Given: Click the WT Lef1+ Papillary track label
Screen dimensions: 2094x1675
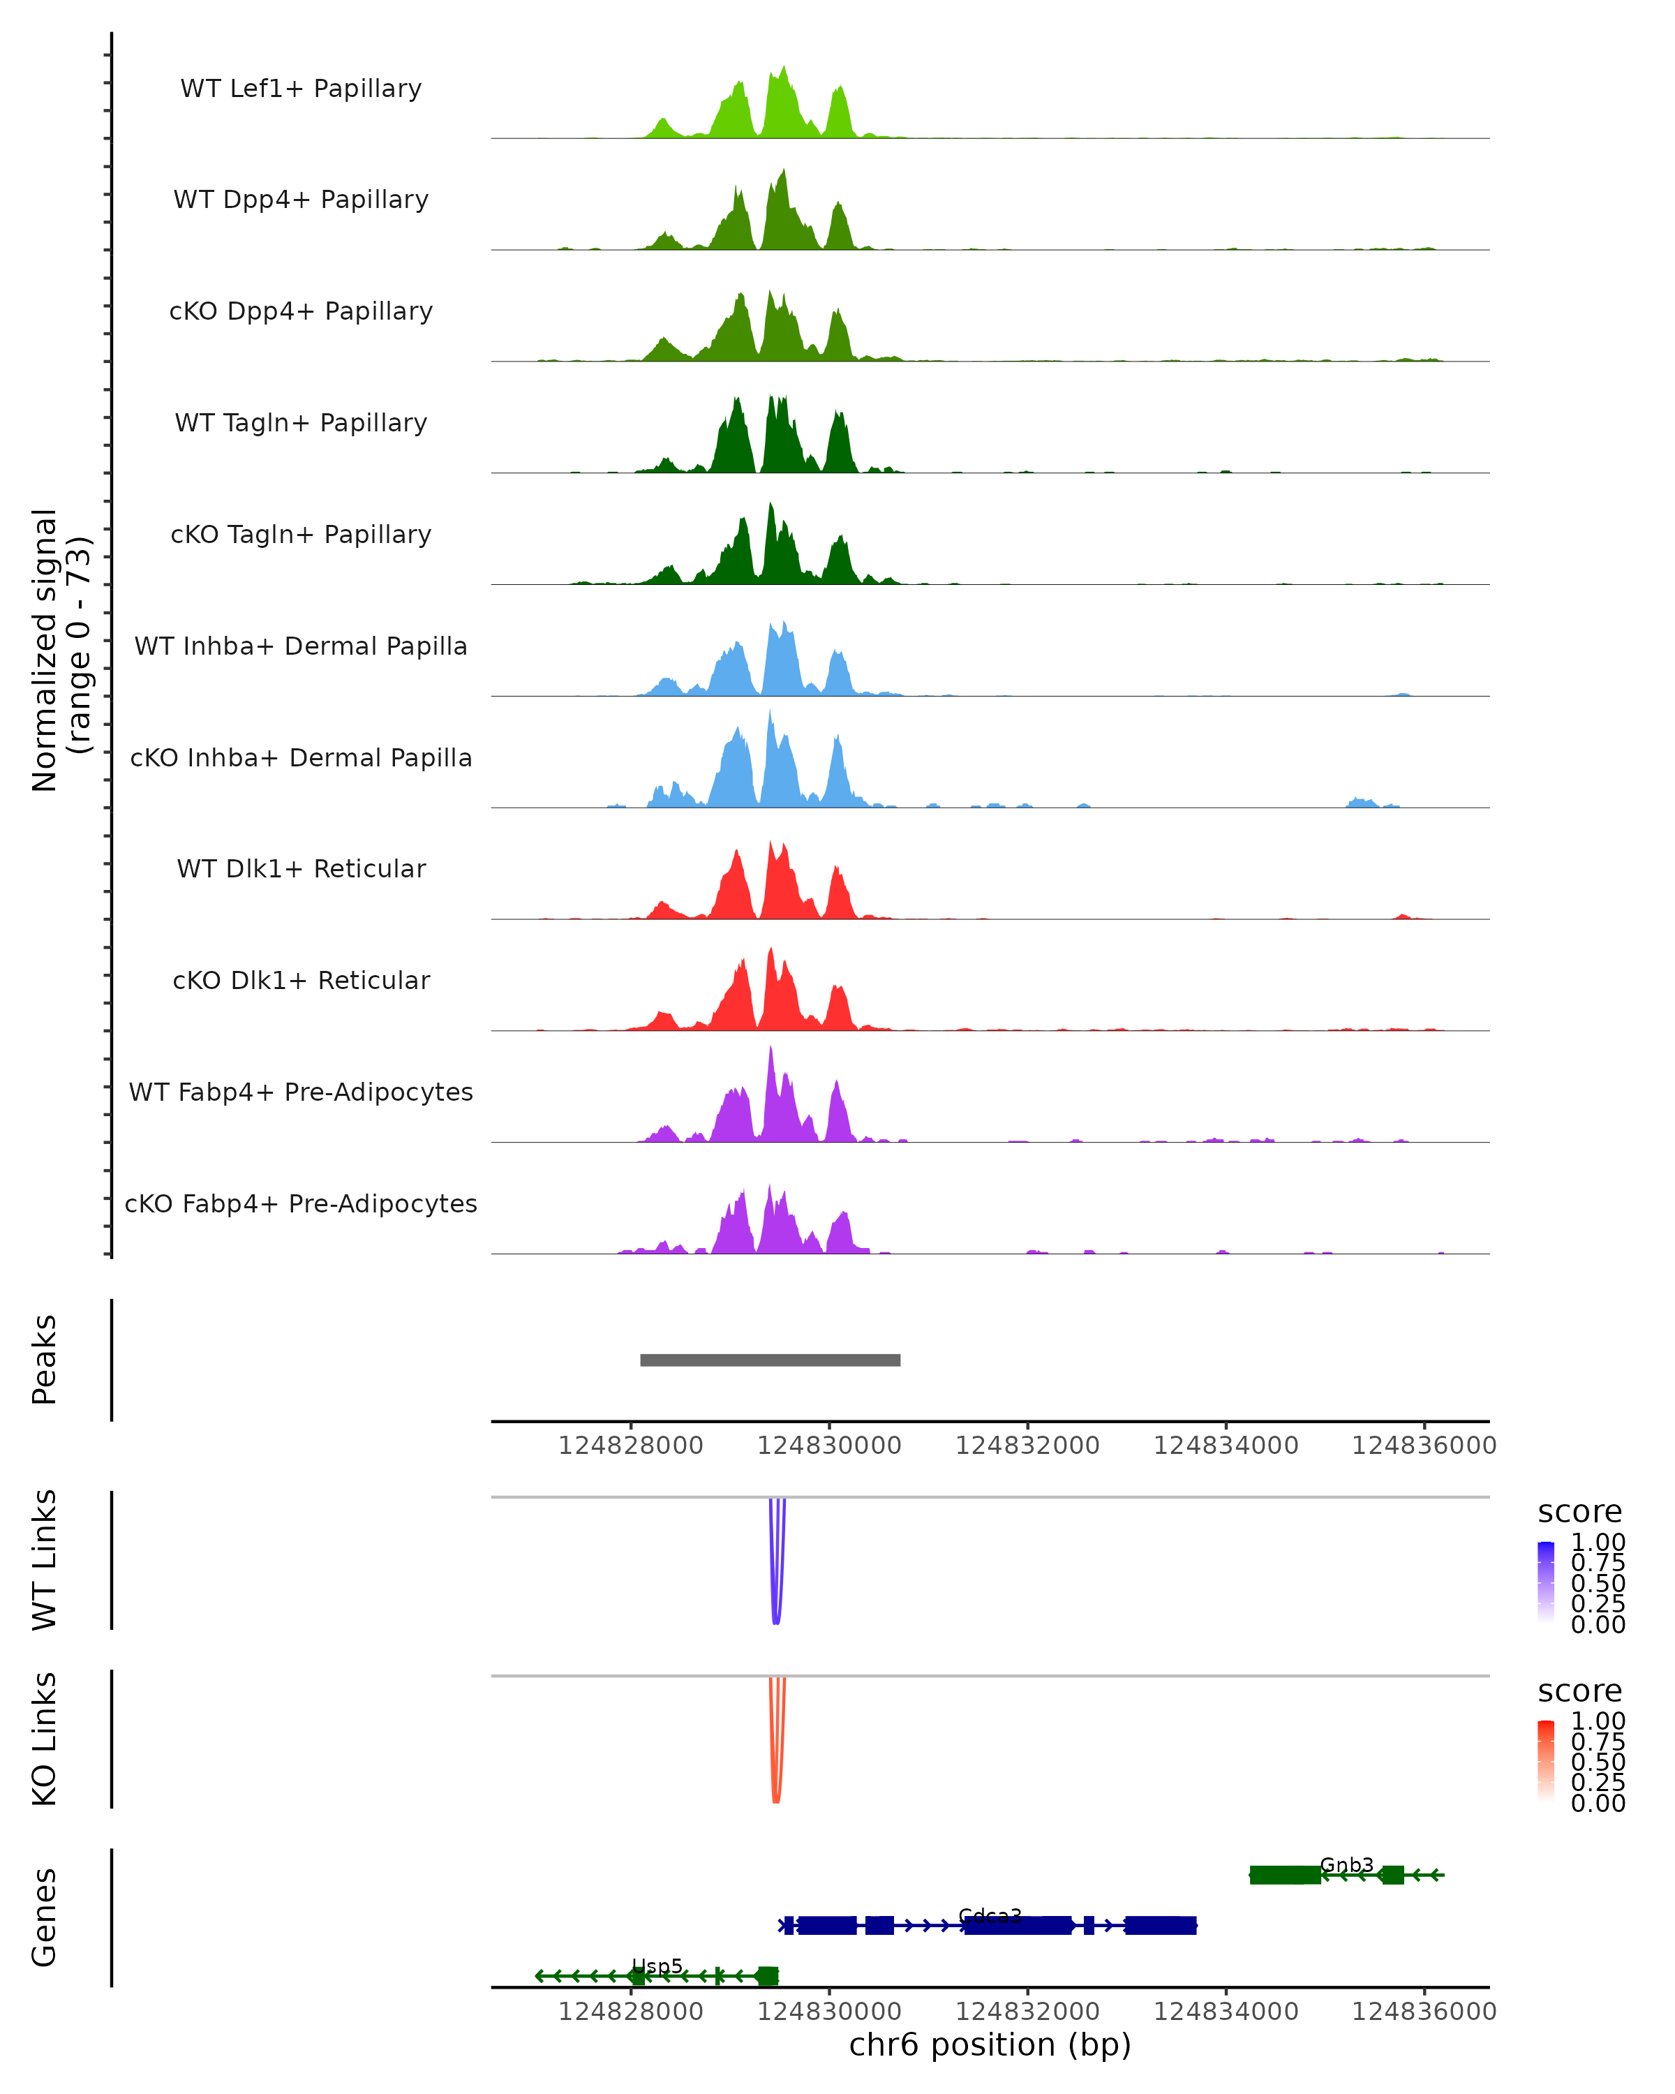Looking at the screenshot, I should click(301, 89).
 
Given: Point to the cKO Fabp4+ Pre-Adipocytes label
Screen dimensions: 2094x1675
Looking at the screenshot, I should click(301, 1203).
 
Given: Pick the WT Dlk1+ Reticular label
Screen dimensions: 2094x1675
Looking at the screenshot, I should click(301, 868).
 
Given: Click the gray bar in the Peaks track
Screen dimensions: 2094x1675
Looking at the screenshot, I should click(770, 1360).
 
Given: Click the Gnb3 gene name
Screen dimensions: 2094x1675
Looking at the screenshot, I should click(1347, 1865).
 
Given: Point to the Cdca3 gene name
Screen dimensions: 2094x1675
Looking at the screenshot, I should click(990, 1915).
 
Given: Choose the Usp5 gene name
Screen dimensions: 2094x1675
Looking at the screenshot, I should click(657, 1966).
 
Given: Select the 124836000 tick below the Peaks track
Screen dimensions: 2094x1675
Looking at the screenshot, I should click(1424, 1446).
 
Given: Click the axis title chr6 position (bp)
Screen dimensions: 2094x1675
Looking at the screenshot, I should click(990, 2045).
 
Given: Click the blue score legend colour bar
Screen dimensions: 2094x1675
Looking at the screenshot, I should click(1546, 1581).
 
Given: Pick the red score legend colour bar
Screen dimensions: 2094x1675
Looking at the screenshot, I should click(1546, 1760).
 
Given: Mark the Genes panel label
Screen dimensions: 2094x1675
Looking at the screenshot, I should click(44, 1917).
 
